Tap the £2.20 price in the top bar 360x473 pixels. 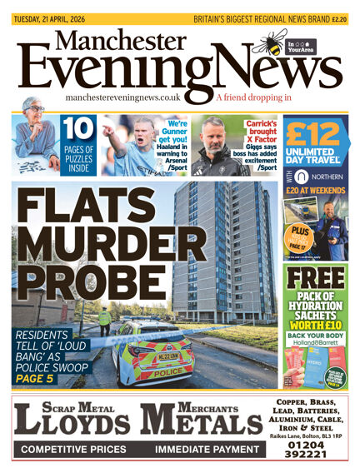(339, 18)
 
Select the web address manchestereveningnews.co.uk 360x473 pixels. (134, 97)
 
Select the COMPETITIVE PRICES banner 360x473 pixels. (73, 449)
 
